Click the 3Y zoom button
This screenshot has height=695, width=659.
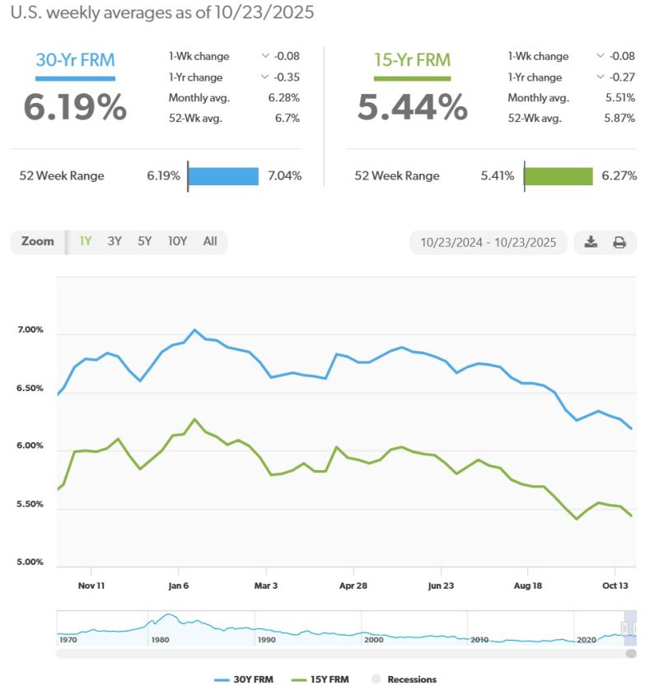(115, 241)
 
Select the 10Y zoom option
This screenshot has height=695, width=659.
(177, 241)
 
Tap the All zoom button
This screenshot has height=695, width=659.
(210, 241)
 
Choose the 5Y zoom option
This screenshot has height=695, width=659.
(145, 241)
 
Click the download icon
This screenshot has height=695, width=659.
(591, 242)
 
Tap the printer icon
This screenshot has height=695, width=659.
(619, 242)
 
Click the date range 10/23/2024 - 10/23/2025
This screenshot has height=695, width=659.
(488, 242)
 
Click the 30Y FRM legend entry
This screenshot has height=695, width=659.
(244, 679)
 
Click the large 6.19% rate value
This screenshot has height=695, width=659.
(75, 108)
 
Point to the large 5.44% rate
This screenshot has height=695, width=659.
(412, 108)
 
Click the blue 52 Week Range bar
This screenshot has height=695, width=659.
(223, 175)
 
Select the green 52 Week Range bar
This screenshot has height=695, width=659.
(559, 175)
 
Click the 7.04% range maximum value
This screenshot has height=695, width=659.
(283, 175)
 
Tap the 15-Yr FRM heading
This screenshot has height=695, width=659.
(412, 59)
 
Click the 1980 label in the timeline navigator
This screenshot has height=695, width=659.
(161, 639)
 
